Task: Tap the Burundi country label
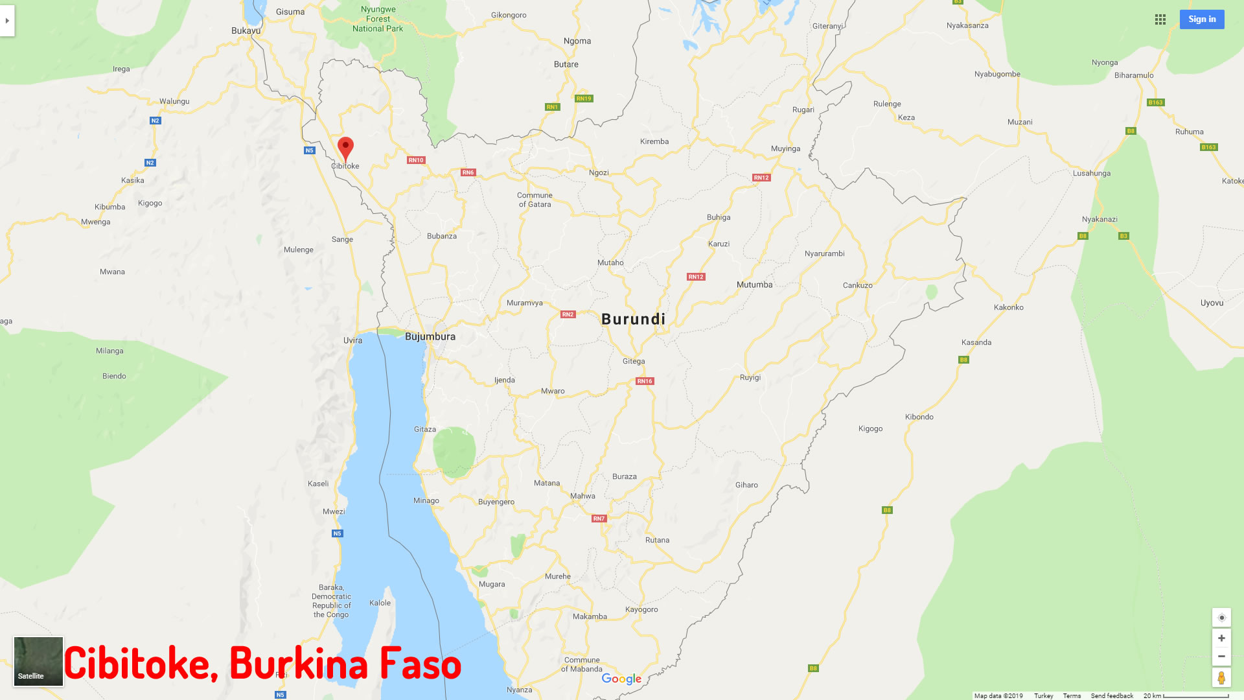(x=633, y=319)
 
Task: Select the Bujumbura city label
(x=430, y=336)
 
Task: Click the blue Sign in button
(x=1202, y=19)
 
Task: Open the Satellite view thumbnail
(x=38, y=661)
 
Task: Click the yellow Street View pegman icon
(x=1221, y=678)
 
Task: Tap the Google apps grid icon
(x=1160, y=19)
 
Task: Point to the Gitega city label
(x=634, y=361)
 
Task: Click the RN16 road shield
(x=645, y=381)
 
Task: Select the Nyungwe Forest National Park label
(x=378, y=19)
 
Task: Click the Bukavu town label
(x=246, y=30)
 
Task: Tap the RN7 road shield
(x=599, y=519)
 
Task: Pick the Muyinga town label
(x=785, y=148)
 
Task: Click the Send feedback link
(x=1112, y=695)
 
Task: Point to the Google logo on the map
(x=621, y=679)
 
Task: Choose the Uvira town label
(x=352, y=340)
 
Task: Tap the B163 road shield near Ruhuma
(x=1208, y=147)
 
